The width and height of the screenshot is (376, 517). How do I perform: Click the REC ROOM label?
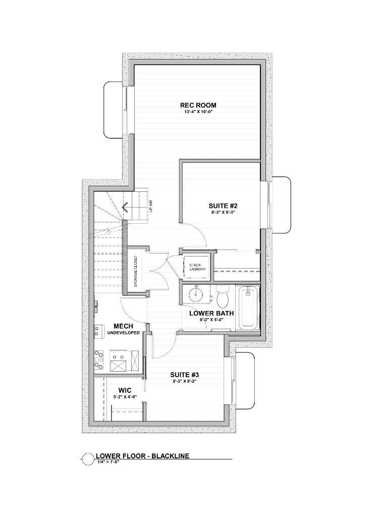pyautogui.click(x=198, y=106)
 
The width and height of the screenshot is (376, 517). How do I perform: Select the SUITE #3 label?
pyautogui.click(x=184, y=375)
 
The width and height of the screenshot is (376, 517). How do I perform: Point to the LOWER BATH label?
pyautogui.click(x=211, y=314)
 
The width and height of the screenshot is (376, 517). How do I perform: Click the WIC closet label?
pyautogui.click(x=125, y=390)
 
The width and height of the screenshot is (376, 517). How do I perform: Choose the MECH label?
pyautogui.click(x=123, y=326)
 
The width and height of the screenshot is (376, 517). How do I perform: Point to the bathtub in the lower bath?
pyautogui.click(x=248, y=307)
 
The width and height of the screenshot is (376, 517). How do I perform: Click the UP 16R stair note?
pyautogui.click(x=150, y=205)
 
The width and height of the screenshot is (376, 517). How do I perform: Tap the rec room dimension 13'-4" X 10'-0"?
pyautogui.click(x=198, y=112)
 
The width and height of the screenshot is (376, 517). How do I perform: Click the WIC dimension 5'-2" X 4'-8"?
pyautogui.click(x=125, y=397)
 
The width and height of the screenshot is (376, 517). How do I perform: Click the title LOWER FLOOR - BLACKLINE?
pyautogui.click(x=142, y=456)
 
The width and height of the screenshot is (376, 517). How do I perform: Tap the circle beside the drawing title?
pyautogui.click(x=88, y=458)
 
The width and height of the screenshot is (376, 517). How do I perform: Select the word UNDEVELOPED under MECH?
pyautogui.click(x=123, y=333)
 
